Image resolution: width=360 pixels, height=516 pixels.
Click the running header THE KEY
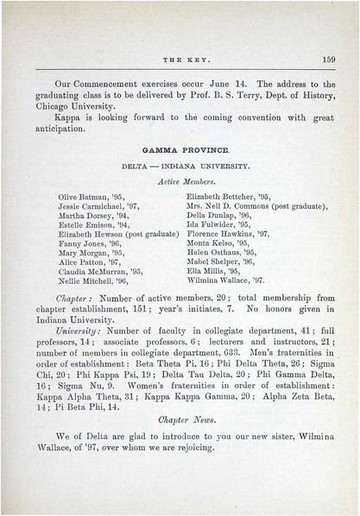coord(180,60)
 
